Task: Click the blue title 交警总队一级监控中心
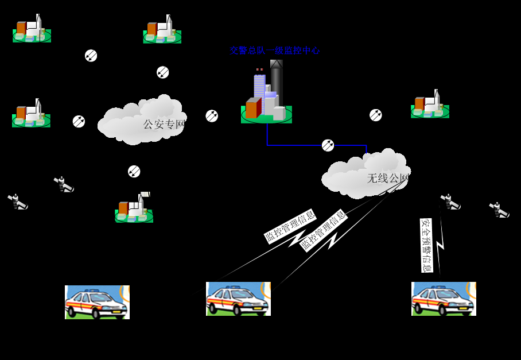(275, 51)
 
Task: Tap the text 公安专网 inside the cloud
(164, 124)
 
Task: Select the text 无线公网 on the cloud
(388, 179)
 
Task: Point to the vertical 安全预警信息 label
(426, 245)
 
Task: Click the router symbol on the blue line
(328, 145)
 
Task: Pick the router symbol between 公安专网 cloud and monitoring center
(212, 116)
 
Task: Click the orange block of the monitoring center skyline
(252, 109)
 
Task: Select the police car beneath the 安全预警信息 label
(444, 299)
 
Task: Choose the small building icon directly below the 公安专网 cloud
(134, 208)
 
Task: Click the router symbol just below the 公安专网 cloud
(134, 171)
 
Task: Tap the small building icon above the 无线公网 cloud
(430, 104)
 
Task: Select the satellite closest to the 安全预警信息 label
(450, 202)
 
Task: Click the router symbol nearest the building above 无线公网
(376, 115)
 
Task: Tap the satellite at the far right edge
(499, 210)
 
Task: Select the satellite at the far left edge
(18, 202)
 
